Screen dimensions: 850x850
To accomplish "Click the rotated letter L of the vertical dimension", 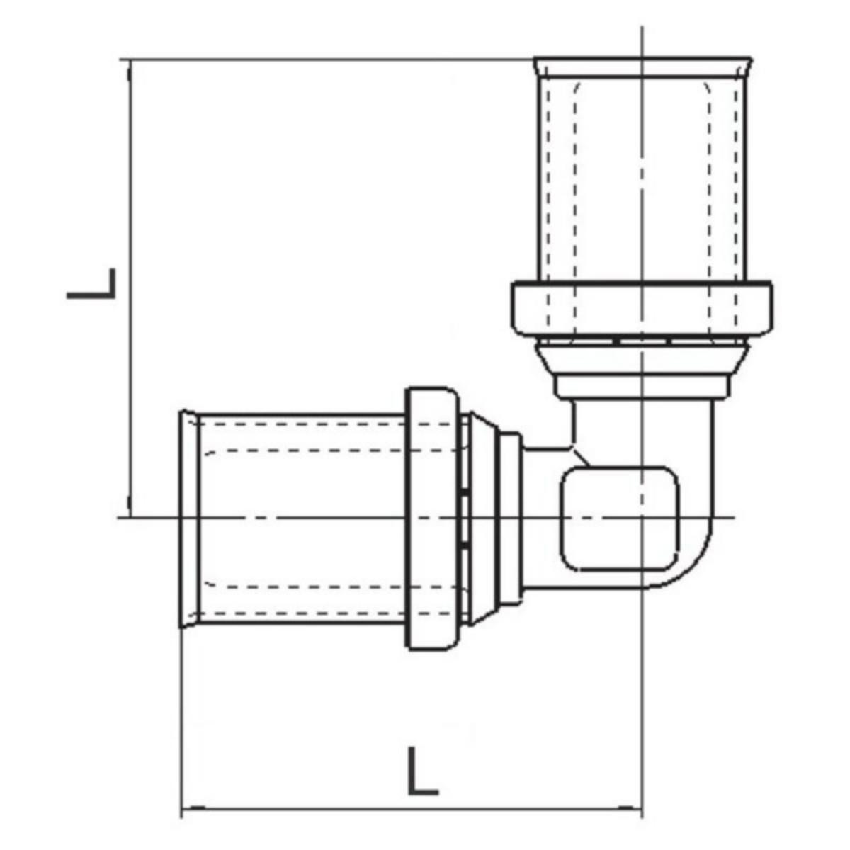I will (x=92, y=283).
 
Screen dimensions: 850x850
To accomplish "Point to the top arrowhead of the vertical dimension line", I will (x=129, y=67).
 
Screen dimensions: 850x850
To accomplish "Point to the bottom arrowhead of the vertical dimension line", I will (x=129, y=510).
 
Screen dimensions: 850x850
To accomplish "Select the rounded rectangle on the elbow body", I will (x=620, y=518).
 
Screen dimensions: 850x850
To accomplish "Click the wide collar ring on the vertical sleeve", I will (x=641, y=309).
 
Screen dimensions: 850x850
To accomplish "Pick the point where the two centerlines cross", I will (x=642, y=518).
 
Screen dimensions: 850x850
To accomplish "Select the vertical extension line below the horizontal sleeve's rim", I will (x=183, y=708).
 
